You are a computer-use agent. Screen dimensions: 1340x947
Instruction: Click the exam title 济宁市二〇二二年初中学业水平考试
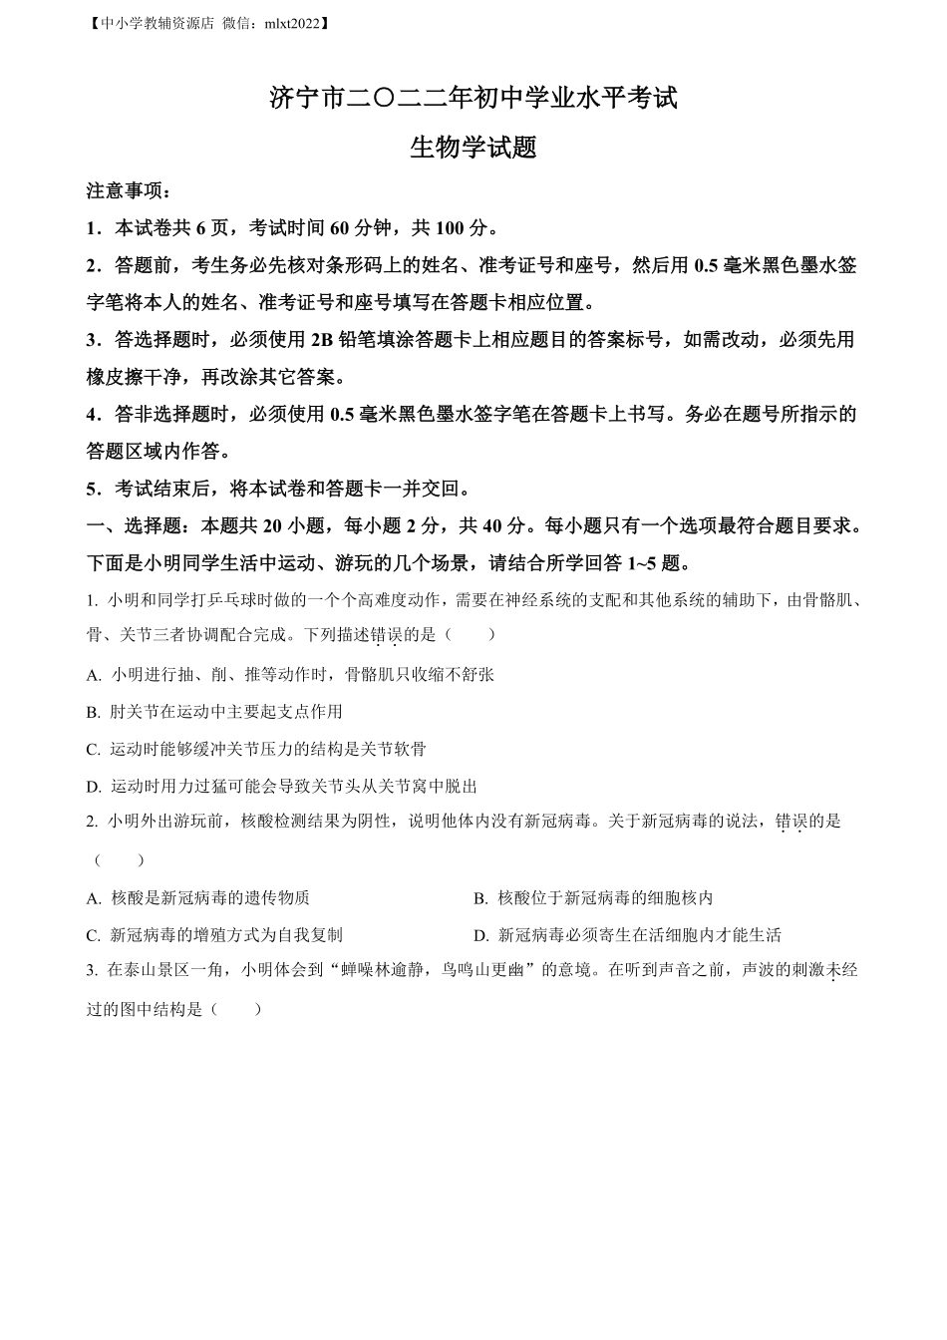pos(473,99)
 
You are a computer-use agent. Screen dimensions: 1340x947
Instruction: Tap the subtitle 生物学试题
pos(473,148)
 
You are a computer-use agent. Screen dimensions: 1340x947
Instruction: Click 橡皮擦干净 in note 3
pos(136,377)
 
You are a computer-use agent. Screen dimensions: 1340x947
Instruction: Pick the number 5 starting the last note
pos(92,489)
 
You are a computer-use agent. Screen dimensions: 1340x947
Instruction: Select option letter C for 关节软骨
pos(94,749)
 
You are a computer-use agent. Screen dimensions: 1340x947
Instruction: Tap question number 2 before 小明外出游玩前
pos(92,822)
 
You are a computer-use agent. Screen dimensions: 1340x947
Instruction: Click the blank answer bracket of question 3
pos(236,1009)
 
